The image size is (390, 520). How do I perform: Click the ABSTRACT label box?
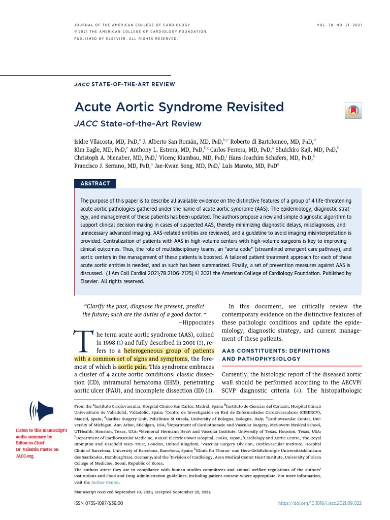tap(95, 183)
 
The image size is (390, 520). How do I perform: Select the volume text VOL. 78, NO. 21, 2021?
tap(338, 25)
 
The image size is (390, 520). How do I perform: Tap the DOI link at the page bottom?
tap(319, 503)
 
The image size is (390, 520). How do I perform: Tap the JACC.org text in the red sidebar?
tap(25, 456)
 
